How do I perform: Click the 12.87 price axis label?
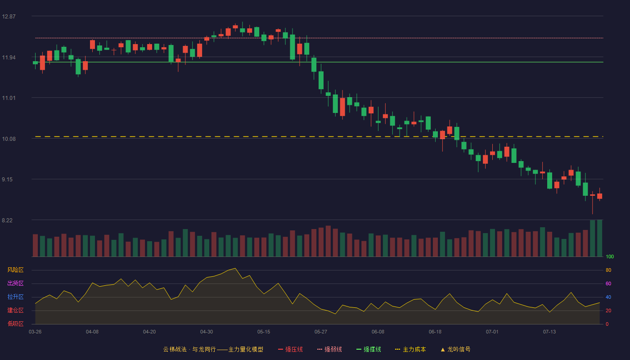pos(9,17)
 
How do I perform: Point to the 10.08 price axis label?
pos(9,139)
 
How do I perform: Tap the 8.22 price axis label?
pos(7,220)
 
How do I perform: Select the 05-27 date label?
pos(320,332)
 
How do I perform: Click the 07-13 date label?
pos(549,332)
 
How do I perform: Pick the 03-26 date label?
pos(35,332)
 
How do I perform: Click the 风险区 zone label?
pos(15,270)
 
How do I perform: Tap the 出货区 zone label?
pos(15,283)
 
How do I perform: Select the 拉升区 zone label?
pos(15,297)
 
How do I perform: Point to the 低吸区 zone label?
pos(15,324)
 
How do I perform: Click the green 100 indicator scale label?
pos(610,256)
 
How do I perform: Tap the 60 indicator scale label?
pos(608,283)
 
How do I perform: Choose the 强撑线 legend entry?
pos(369,349)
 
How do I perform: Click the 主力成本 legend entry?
pos(410,349)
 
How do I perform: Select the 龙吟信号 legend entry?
pos(455,349)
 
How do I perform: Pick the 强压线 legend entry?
pos(290,349)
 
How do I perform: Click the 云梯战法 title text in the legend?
pos(175,349)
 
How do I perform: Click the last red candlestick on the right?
pos(599,196)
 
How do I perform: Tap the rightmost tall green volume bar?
pos(599,238)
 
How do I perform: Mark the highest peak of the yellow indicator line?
pos(235,268)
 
